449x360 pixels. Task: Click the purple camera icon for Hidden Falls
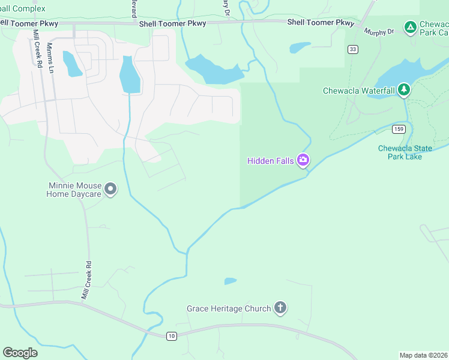click(x=303, y=160)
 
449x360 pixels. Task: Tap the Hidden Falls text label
click(x=271, y=160)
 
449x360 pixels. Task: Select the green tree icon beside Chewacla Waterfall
click(x=404, y=90)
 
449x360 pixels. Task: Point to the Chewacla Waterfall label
click(x=358, y=91)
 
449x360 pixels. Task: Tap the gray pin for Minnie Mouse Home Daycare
click(x=110, y=189)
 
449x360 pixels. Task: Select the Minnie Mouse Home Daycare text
click(x=74, y=190)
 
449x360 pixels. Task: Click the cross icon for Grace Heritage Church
click(x=280, y=308)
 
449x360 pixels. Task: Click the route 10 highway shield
click(x=172, y=336)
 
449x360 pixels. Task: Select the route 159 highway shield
click(x=399, y=129)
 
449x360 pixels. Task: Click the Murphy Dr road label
click(x=379, y=31)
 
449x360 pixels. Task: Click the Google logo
click(x=20, y=353)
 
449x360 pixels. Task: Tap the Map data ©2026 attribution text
click(x=423, y=355)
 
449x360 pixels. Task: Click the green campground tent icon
click(x=410, y=27)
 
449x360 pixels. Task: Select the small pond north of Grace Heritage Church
click(x=230, y=281)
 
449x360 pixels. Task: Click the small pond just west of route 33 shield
click(x=300, y=47)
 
